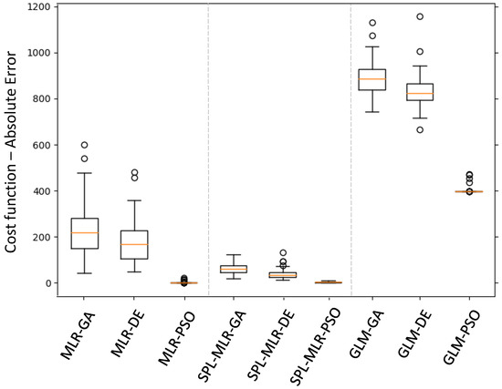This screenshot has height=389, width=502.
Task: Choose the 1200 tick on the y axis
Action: click(37, 6)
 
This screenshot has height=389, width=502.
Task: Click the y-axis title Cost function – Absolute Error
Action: click(13, 149)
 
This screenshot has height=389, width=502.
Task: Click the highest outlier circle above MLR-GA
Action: click(84, 145)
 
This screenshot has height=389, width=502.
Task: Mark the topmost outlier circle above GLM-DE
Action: click(420, 16)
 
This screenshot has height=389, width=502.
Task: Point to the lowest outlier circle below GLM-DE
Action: click(420, 129)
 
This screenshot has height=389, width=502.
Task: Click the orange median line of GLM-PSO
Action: click(469, 191)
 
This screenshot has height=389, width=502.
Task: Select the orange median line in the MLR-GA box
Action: click(84, 233)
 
